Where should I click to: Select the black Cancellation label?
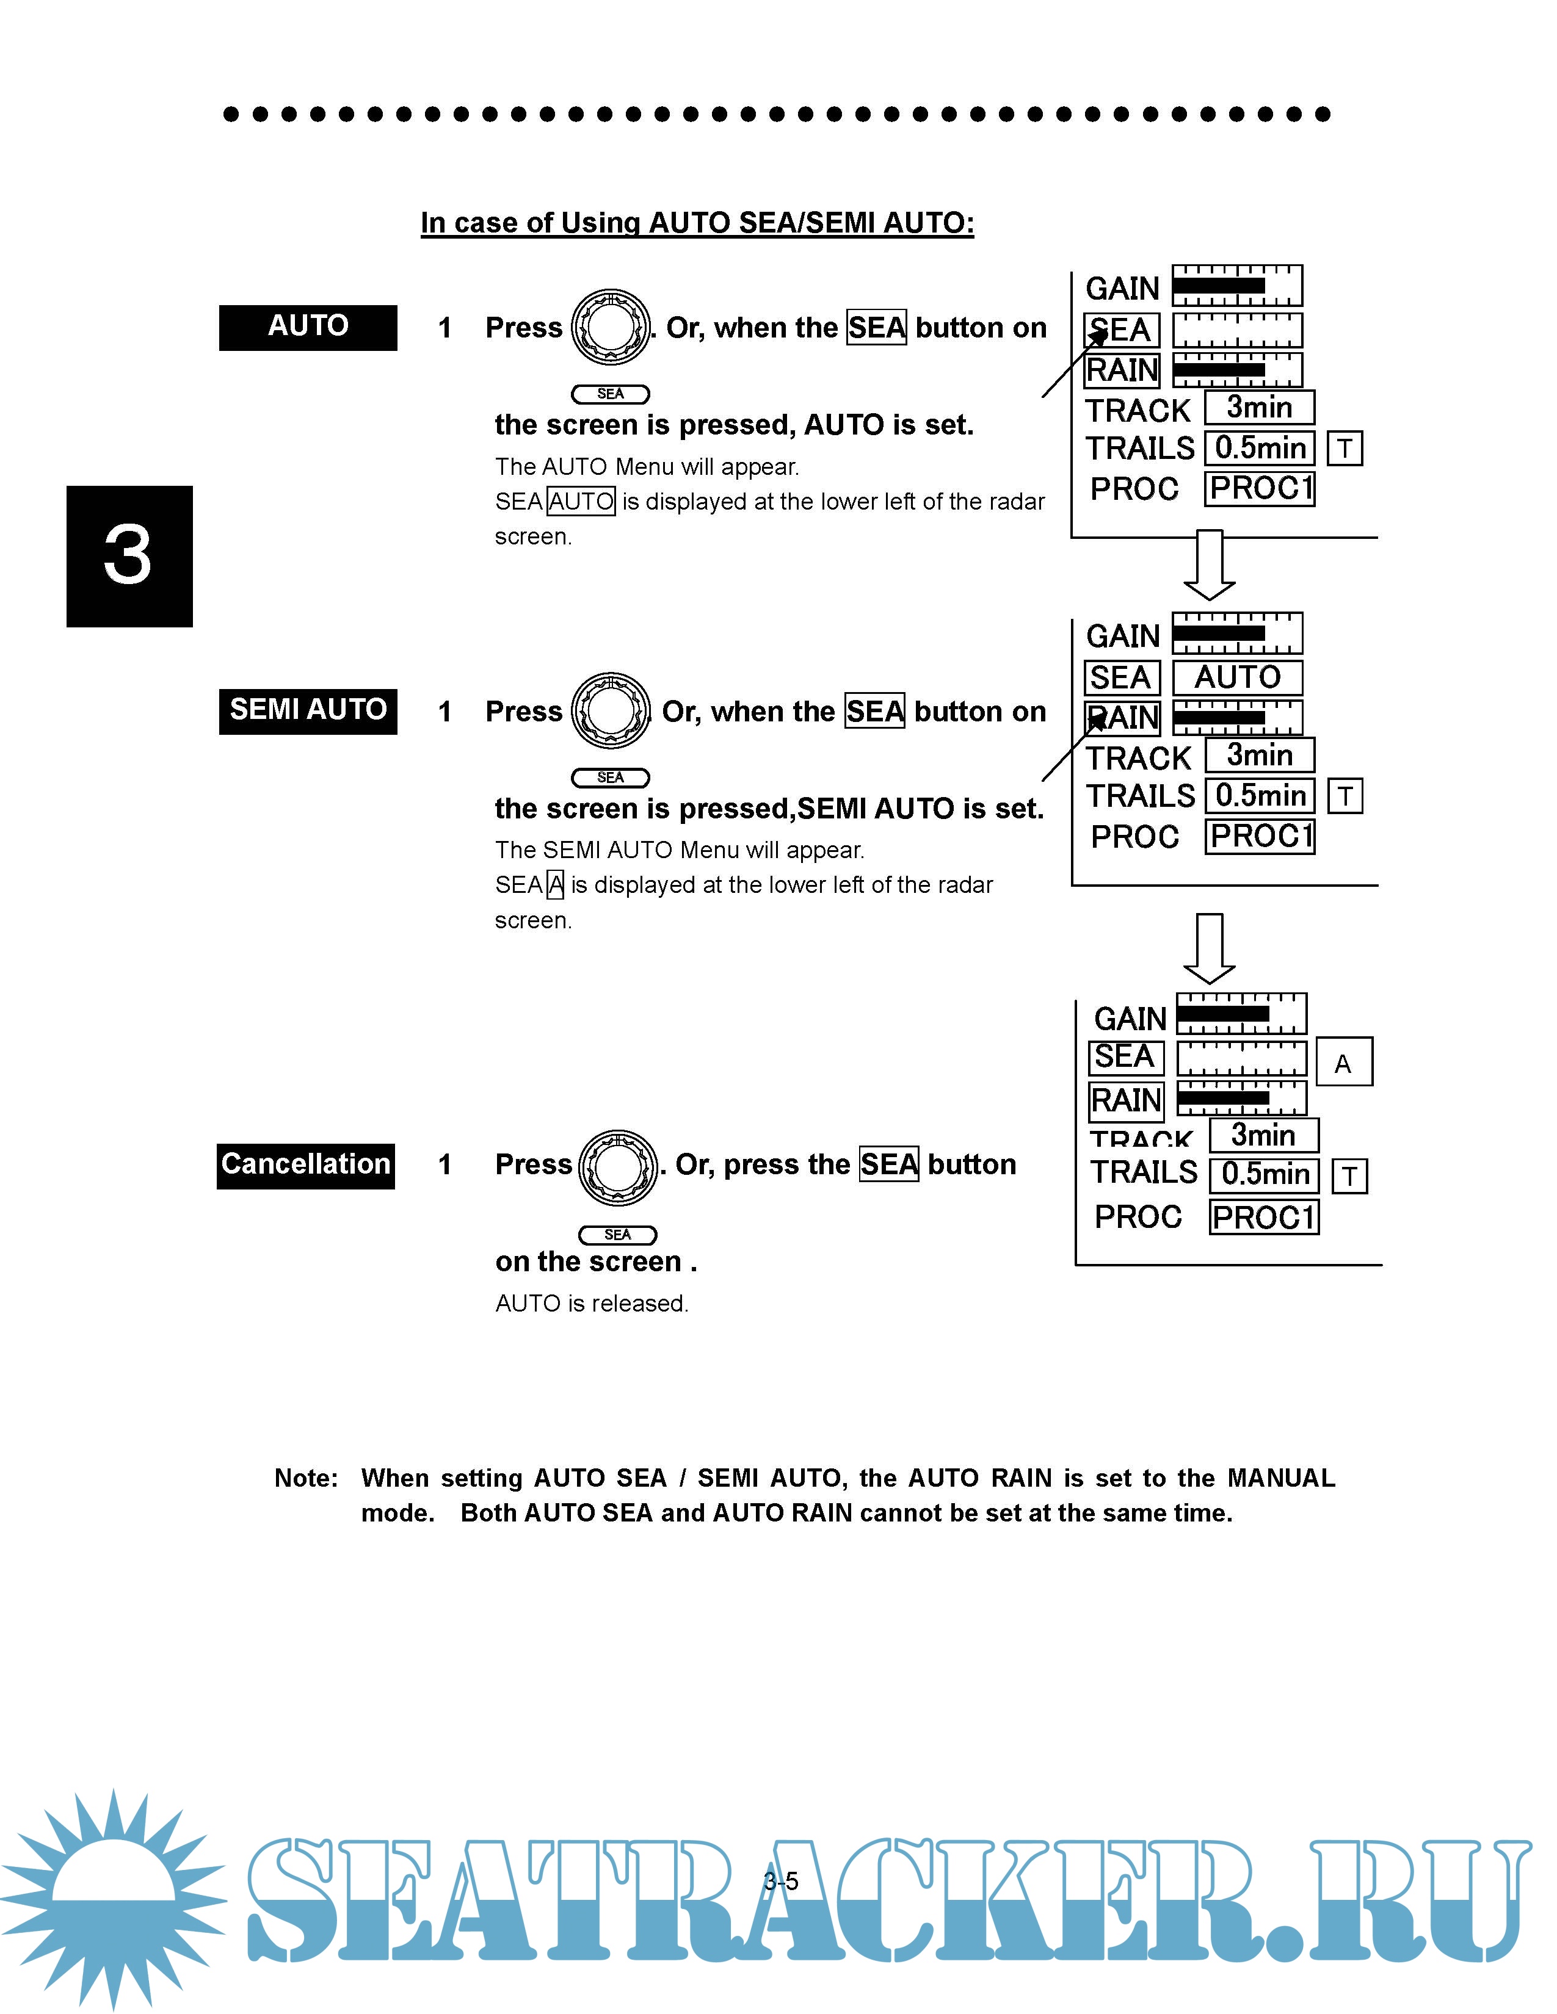coord(305,1166)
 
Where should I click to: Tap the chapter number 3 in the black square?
coord(129,556)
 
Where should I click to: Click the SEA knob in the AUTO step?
coord(611,327)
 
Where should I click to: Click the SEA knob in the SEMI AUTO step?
coord(611,711)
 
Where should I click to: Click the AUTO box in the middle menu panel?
coord(1237,678)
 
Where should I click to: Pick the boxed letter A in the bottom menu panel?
coord(1343,1063)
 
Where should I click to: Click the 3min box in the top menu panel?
coord(1259,408)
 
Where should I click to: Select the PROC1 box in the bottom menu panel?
coord(1264,1218)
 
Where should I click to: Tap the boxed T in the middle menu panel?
coord(1345,796)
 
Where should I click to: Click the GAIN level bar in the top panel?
coord(1237,286)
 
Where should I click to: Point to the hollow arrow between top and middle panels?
coord(1209,565)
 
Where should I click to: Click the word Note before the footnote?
coord(305,1478)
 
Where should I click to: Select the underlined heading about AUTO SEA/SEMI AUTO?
coord(697,223)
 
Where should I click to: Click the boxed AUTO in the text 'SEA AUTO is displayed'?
coord(581,502)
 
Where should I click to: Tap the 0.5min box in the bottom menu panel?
coord(1265,1175)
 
